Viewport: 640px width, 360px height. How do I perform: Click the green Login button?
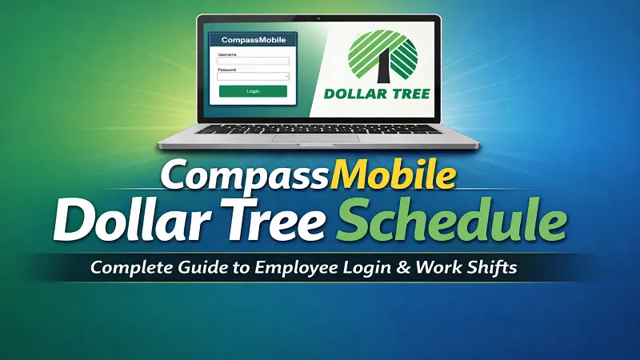(x=253, y=91)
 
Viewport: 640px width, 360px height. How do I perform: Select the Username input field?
(x=253, y=61)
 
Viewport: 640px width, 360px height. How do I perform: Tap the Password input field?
(x=253, y=77)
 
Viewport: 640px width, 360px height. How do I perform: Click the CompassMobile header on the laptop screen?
(x=253, y=40)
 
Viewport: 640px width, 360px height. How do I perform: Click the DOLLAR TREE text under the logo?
(x=378, y=94)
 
